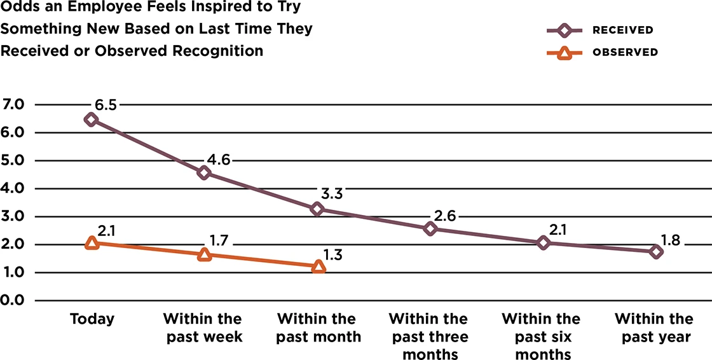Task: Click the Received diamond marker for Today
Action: pos(91,120)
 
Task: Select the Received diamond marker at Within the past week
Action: pos(204,173)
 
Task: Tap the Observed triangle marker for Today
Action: pos(92,243)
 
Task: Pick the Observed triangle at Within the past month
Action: pos(318,267)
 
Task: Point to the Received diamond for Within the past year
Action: pos(656,251)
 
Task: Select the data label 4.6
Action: pos(217,159)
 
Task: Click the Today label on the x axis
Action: pos(92,319)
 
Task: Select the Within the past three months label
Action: pos(428,336)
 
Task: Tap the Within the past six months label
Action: pos(541,336)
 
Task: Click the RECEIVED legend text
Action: pos(622,31)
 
